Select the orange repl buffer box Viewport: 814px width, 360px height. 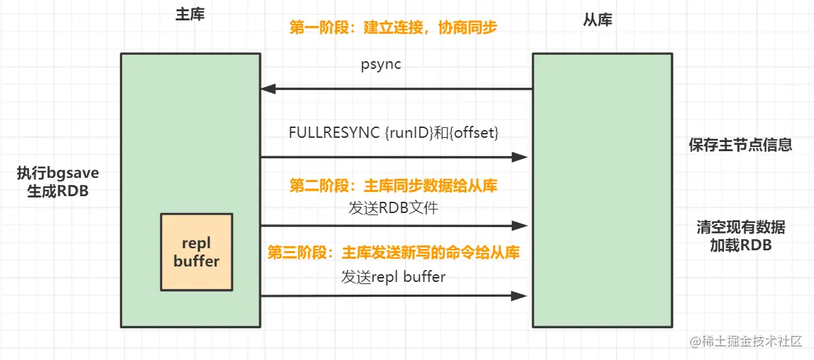[x=197, y=252]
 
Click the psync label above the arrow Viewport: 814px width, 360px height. [x=381, y=67]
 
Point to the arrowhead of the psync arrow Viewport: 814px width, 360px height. [x=268, y=89]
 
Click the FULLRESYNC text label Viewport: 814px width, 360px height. [x=394, y=132]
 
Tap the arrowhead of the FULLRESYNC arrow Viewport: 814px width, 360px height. [x=520, y=157]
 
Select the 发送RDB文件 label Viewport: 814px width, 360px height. [x=393, y=208]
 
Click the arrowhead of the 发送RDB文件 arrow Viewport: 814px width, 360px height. [x=520, y=226]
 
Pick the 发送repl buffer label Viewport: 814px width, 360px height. [x=393, y=276]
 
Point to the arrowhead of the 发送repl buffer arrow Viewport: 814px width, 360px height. [x=520, y=296]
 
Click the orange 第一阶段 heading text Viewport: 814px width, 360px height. [x=393, y=27]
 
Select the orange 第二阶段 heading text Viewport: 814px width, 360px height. [x=393, y=186]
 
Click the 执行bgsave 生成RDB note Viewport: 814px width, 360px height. [x=58, y=181]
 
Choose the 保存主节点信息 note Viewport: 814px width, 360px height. [x=740, y=145]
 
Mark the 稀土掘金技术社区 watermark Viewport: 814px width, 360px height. [x=747, y=342]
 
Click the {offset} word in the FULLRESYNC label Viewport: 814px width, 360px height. [x=474, y=132]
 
